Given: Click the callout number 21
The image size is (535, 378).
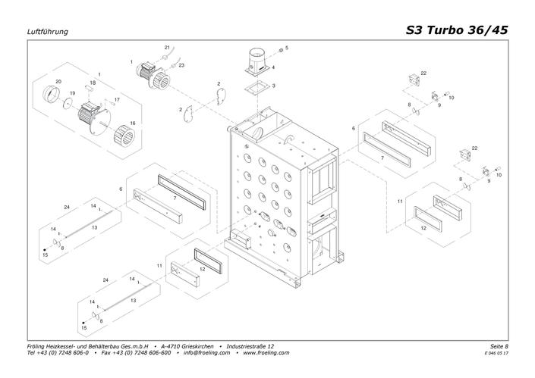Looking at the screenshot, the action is click(x=167, y=47).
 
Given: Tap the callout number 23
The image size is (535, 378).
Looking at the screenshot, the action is click(x=181, y=65).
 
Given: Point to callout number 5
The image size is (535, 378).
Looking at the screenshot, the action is click(x=287, y=48).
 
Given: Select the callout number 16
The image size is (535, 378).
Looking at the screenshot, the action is click(x=133, y=123).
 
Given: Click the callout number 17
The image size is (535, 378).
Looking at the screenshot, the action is click(x=117, y=100).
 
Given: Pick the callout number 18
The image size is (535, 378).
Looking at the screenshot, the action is click(x=93, y=83).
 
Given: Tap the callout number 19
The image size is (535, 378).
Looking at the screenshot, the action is click(x=72, y=93).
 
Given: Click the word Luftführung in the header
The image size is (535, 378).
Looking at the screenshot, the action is click(x=47, y=32).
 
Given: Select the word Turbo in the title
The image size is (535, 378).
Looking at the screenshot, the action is click(x=445, y=30).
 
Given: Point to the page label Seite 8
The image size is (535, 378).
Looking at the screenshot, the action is click(x=499, y=346).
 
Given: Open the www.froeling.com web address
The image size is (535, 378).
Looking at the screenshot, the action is click(x=266, y=353).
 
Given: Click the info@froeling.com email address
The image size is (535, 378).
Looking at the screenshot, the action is click(x=206, y=353).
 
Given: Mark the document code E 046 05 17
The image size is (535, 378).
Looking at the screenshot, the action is click(x=496, y=353).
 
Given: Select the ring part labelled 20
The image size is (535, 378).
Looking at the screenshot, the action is click(x=51, y=95).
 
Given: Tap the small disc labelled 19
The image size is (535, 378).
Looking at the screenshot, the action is click(x=68, y=103).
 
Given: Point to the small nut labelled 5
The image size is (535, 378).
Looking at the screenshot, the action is click(x=281, y=51).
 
